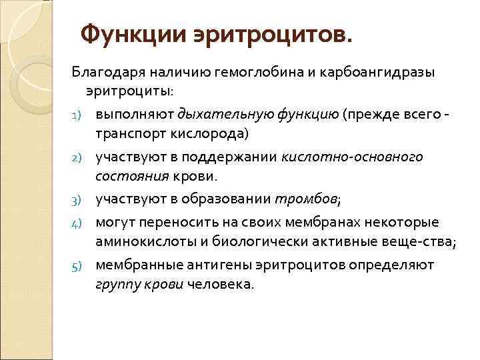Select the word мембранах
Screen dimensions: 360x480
point(293,221)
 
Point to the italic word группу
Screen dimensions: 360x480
point(117,285)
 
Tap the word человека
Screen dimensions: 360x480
point(221,285)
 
